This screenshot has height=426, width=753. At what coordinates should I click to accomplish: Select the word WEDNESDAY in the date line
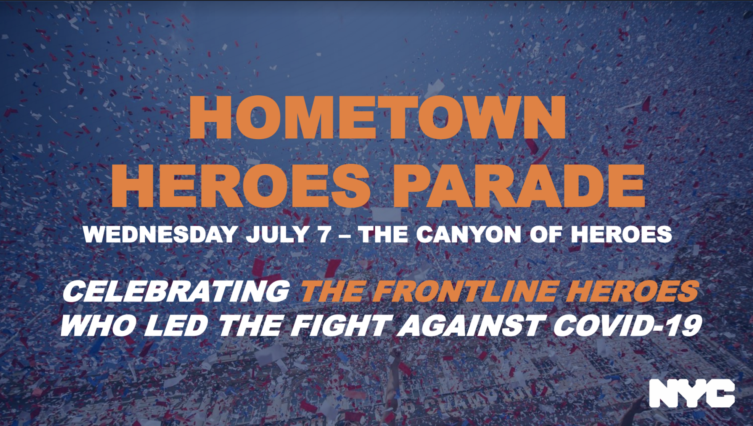[161, 234]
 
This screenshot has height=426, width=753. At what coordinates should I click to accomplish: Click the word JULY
[277, 234]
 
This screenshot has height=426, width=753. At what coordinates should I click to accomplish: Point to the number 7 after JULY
[324, 234]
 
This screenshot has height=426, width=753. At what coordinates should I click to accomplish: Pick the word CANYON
[468, 234]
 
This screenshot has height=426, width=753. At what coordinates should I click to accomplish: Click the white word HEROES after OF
[621, 234]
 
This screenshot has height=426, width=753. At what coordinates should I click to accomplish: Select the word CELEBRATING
[176, 291]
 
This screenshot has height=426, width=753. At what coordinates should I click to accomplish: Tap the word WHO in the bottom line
[98, 326]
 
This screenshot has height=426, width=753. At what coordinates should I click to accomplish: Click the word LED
[176, 326]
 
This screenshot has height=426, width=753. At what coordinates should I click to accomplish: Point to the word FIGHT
[341, 326]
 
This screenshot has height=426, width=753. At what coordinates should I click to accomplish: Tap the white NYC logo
[692, 393]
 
